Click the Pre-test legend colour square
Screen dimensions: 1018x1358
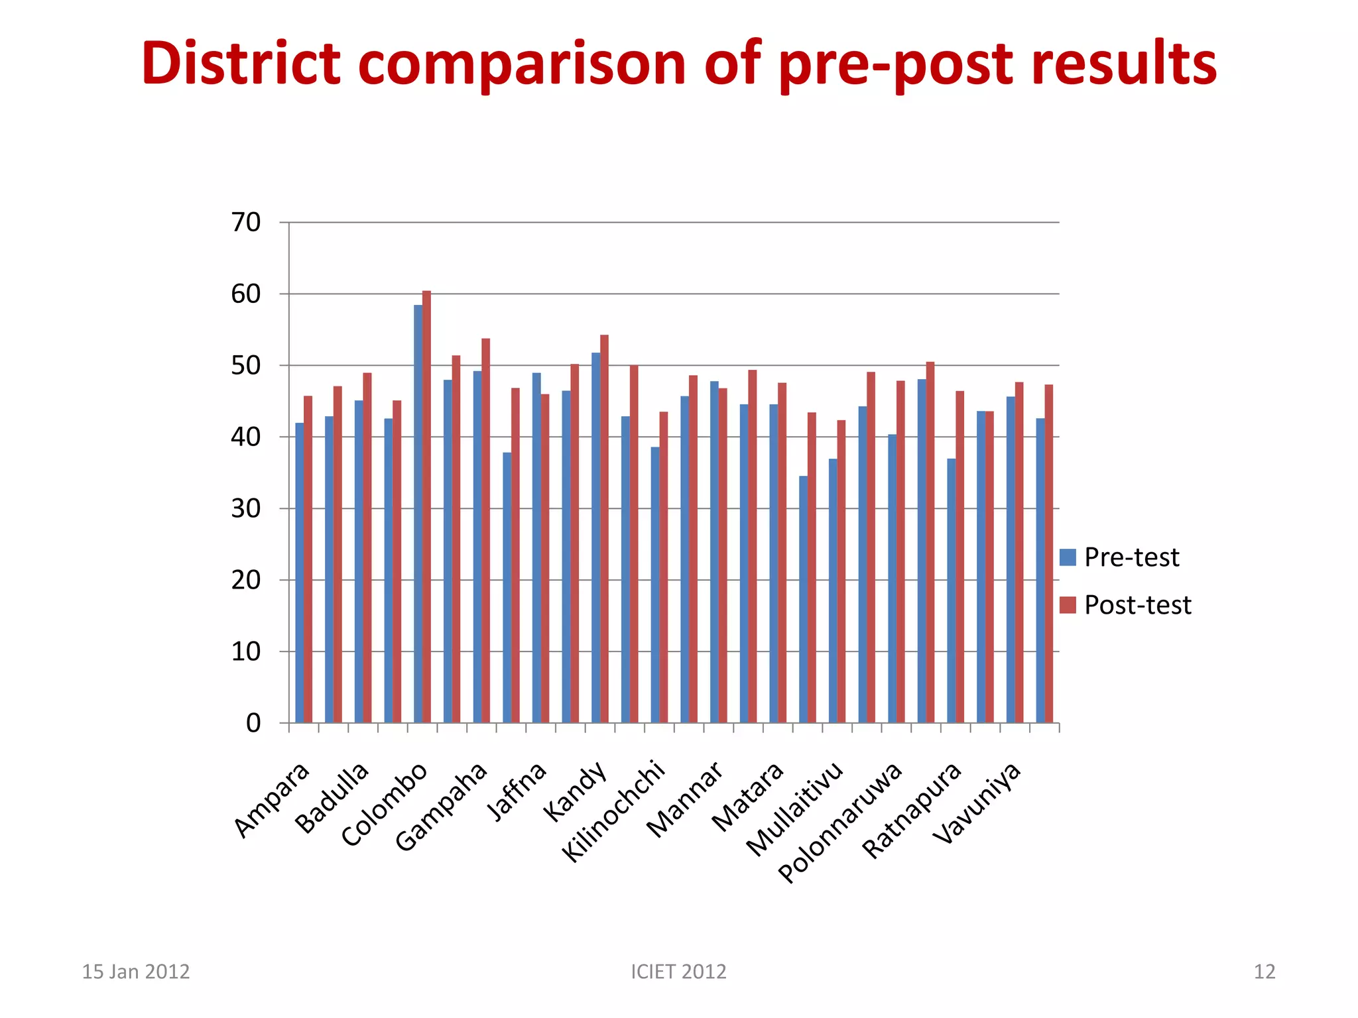(1068, 557)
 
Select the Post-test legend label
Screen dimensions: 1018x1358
(1137, 605)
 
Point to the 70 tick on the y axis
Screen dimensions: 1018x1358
(246, 223)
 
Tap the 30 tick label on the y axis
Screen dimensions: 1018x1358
(246, 509)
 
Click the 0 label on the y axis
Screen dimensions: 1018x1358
(253, 723)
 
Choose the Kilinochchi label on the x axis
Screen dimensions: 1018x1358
(614, 811)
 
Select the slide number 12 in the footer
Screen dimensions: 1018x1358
(1265, 972)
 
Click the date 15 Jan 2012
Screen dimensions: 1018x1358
(135, 972)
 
